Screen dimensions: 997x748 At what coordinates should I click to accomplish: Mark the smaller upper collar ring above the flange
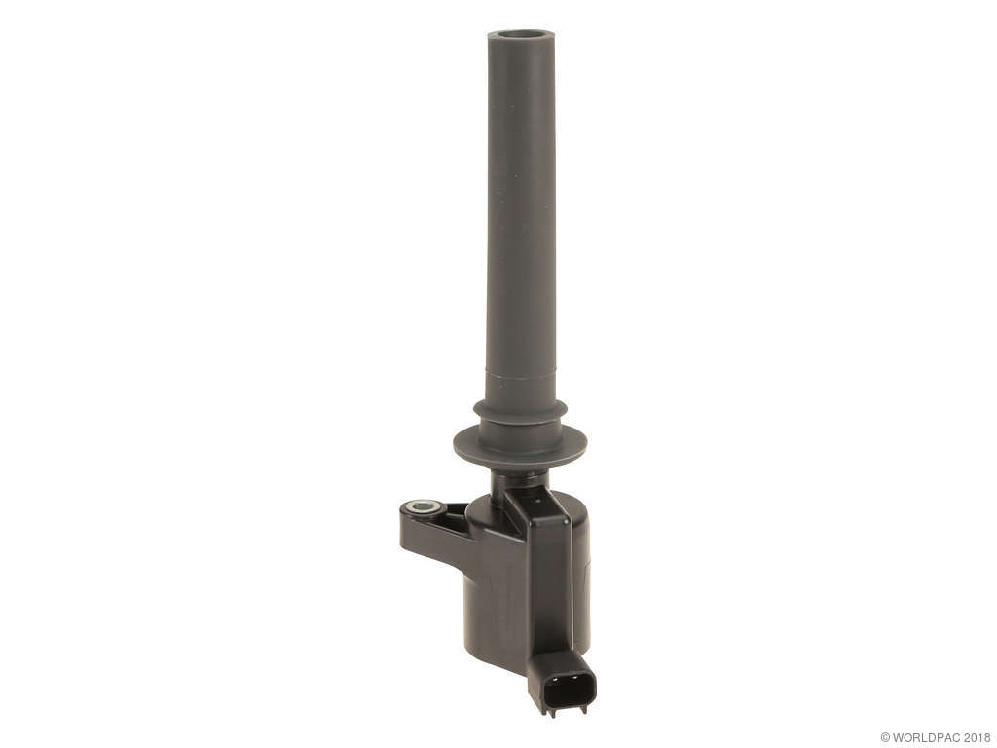(x=520, y=410)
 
